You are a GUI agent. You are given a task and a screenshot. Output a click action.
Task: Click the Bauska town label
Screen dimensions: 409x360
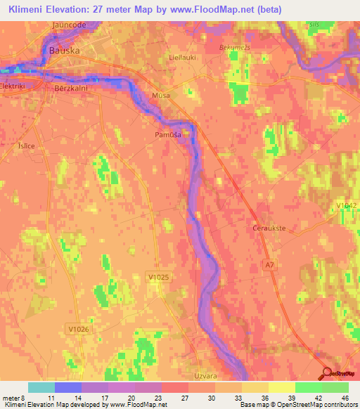[x=64, y=51]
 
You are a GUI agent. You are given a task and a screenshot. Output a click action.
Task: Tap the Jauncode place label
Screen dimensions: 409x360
[x=69, y=25]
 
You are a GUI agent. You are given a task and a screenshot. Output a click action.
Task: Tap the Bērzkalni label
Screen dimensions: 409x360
[x=69, y=89]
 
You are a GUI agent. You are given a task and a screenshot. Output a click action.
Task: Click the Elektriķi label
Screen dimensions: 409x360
[x=13, y=86]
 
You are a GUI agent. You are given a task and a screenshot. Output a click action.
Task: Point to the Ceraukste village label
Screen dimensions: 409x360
[x=267, y=228]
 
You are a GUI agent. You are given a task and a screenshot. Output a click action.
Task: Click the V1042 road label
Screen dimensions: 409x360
[x=345, y=204]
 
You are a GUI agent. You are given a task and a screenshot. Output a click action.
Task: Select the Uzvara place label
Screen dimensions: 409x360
[x=206, y=377]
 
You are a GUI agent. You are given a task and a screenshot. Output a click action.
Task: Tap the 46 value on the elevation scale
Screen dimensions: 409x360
[x=345, y=398]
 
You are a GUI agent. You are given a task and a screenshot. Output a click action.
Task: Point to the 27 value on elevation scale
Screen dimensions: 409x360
[x=184, y=398]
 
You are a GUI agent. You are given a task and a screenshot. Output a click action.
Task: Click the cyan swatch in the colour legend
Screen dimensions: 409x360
[x=41, y=387]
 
